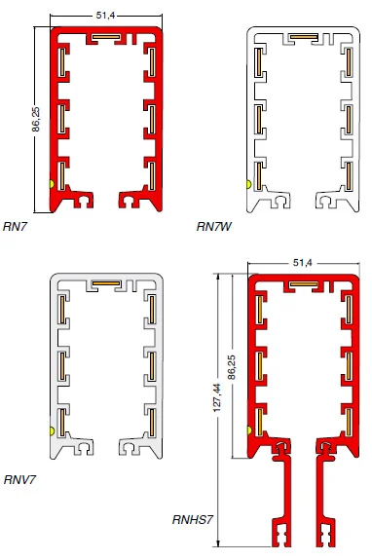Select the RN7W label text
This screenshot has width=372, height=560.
[213, 227]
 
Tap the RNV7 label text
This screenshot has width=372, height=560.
[19, 478]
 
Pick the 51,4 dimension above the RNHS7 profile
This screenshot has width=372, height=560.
[302, 263]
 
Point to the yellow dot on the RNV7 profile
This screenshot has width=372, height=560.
[52, 429]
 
